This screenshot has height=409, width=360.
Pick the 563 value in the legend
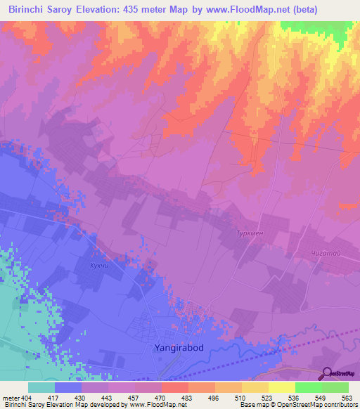point(346,398)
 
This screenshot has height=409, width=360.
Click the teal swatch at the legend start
point(41,387)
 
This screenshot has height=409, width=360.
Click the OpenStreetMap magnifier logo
point(326,372)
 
